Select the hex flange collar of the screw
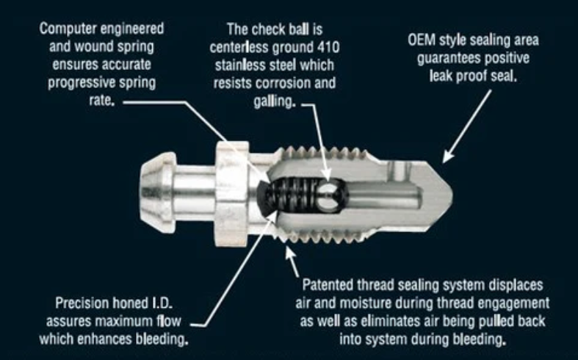click(x=232, y=194)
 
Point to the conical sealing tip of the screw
click(x=438, y=195)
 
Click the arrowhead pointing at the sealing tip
click(x=447, y=156)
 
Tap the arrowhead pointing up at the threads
click(x=291, y=253)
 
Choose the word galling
click(x=275, y=101)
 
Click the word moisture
click(x=365, y=303)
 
